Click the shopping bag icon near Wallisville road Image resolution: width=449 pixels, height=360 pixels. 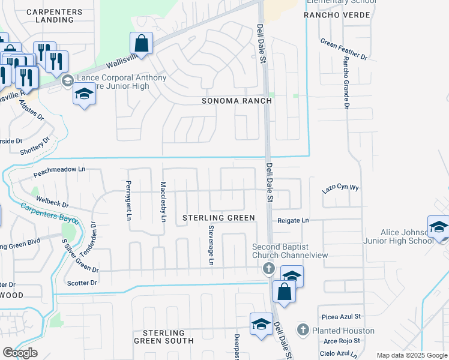click(x=141, y=43)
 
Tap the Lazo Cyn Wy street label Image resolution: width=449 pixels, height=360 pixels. click(x=340, y=188)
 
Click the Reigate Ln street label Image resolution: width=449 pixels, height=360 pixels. click(x=292, y=221)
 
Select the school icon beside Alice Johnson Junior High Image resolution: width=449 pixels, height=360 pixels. click(x=438, y=227)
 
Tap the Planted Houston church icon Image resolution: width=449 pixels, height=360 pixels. click(x=303, y=330)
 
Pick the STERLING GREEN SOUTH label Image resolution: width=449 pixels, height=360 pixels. click(x=164, y=337)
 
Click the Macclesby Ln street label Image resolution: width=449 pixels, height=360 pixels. click(x=163, y=202)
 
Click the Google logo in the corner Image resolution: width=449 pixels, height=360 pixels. click(x=19, y=353)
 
